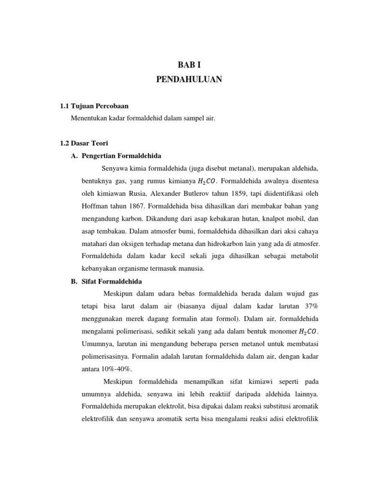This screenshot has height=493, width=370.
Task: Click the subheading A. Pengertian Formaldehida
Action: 116,156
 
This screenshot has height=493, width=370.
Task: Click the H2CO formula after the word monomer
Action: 308,332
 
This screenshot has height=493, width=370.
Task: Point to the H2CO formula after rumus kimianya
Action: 207,182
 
